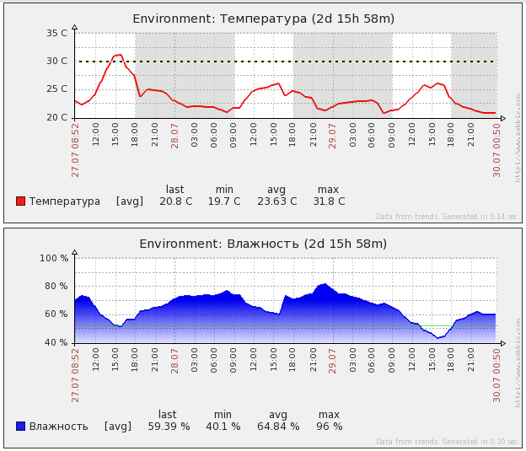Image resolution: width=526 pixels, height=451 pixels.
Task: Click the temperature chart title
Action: click(263, 19)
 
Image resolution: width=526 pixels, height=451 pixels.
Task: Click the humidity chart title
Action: click(263, 244)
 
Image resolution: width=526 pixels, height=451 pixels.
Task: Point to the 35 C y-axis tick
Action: click(57, 33)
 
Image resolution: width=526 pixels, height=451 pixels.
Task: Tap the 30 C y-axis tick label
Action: click(57, 61)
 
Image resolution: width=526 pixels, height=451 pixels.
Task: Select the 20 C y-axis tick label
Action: click(57, 117)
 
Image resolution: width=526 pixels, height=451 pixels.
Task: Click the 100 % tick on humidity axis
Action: click(54, 258)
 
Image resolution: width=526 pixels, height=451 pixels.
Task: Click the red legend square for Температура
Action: click(20, 201)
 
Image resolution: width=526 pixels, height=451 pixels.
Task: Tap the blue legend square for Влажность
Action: click(20, 426)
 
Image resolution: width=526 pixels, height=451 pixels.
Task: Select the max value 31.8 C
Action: click(329, 201)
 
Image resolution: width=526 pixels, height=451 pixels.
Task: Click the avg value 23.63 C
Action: click(276, 201)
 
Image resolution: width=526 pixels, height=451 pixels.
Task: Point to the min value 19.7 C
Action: click(224, 201)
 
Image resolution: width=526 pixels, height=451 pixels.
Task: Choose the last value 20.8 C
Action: click(175, 201)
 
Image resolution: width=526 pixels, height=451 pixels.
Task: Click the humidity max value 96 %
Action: click(329, 426)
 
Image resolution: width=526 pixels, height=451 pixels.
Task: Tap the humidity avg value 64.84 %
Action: click(277, 426)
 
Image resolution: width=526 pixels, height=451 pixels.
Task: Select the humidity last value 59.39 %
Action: click(169, 426)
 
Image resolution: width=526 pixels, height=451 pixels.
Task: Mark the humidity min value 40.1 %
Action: click(223, 426)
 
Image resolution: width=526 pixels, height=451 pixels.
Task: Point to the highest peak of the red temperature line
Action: click(121, 55)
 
